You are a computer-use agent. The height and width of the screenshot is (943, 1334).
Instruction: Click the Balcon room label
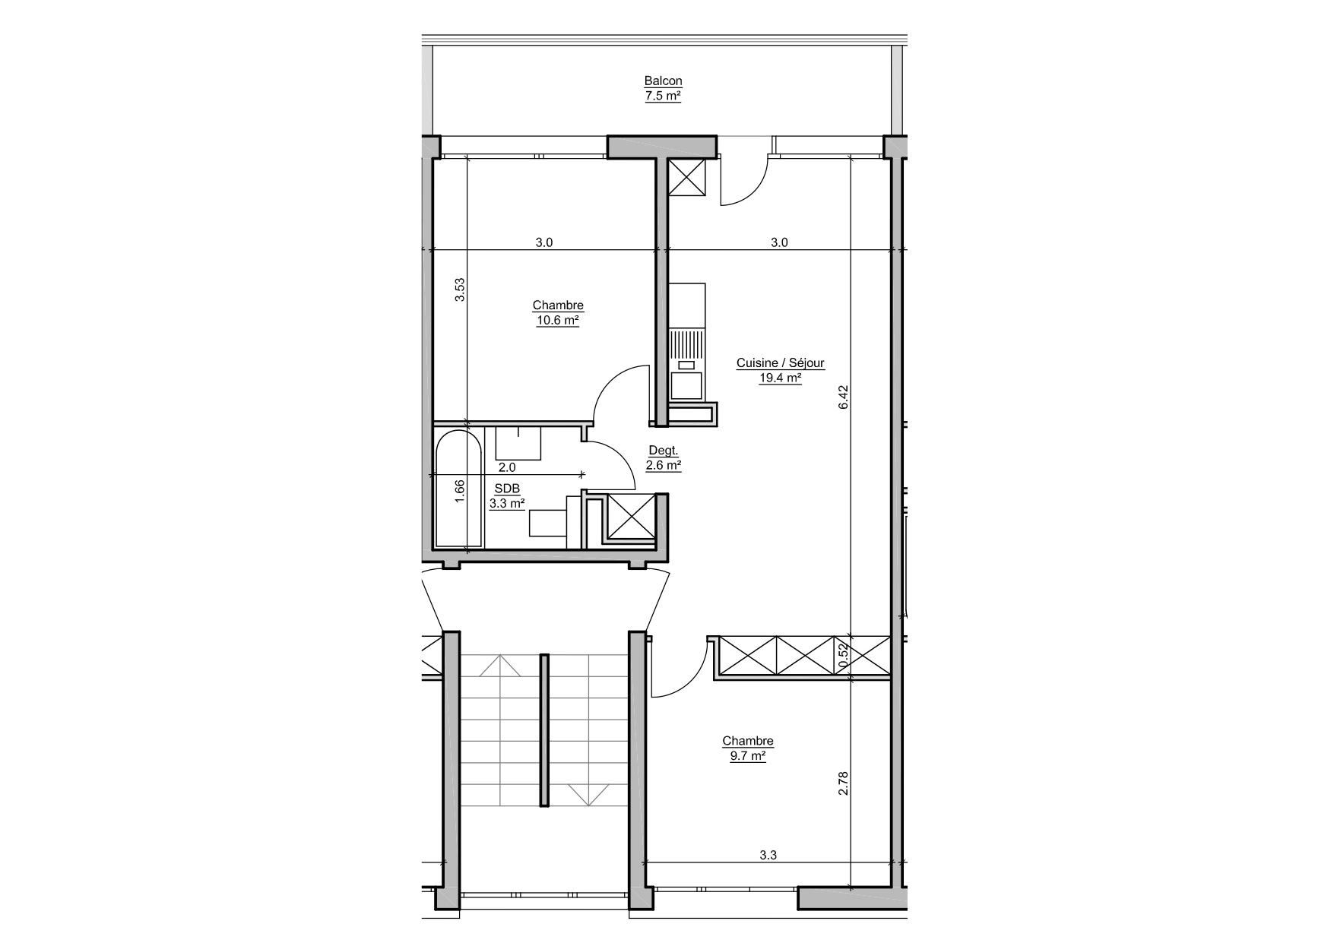(663, 81)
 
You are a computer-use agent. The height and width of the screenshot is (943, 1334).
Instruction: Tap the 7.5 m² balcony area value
(663, 97)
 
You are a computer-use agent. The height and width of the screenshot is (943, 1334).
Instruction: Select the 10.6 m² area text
(558, 321)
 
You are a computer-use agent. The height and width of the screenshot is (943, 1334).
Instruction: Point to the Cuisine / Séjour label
(781, 363)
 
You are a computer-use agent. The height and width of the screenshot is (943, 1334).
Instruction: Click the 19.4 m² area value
(781, 378)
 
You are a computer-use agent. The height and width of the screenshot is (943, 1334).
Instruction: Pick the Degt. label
(664, 451)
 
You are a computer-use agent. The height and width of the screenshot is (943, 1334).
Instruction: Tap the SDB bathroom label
(507, 488)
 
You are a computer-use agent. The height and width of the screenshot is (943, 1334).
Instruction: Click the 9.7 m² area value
(748, 756)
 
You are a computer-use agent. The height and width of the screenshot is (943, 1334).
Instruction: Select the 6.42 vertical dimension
(842, 397)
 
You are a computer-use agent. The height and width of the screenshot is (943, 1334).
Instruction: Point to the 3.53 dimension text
(459, 290)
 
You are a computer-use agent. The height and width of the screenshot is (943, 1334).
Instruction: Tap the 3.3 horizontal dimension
(768, 855)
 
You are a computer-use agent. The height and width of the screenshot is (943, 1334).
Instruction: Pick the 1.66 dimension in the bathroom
(459, 490)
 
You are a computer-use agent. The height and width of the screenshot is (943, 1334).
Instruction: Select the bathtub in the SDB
(459, 488)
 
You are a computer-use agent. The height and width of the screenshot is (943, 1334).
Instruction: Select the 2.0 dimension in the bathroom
(507, 468)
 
